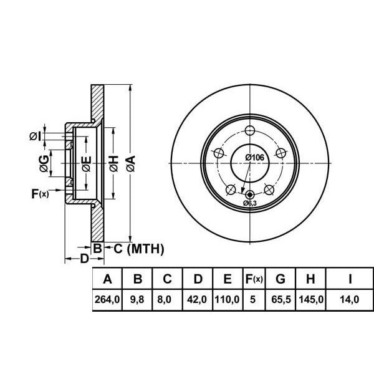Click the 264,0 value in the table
pyautogui.click(x=107, y=300)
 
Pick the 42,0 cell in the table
pyautogui.click(x=198, y=300)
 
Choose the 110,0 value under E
pyautogui.click(x=228, y=300)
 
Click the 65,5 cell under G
pyautogui.click(x=280, y=300)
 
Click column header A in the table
pyautogui.click(x=107, y=279)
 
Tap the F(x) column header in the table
pyautogui.click(x=254, y=279)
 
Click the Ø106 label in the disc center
pyautogui.click(x=254, y=157)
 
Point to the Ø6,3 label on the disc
pyautogui.click(x=250, y=203)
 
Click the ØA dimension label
pyautogui.click(x=130, y=164)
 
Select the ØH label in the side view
pyautogui.click(x=113, y=164)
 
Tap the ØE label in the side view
pyautogui.click(x=87, y=164)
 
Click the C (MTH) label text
pyautogui.click(x=138, y=249)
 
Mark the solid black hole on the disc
pyautogui.click(x=250, y=194)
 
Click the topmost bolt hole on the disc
pyautogui.click(x=250, y=130)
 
